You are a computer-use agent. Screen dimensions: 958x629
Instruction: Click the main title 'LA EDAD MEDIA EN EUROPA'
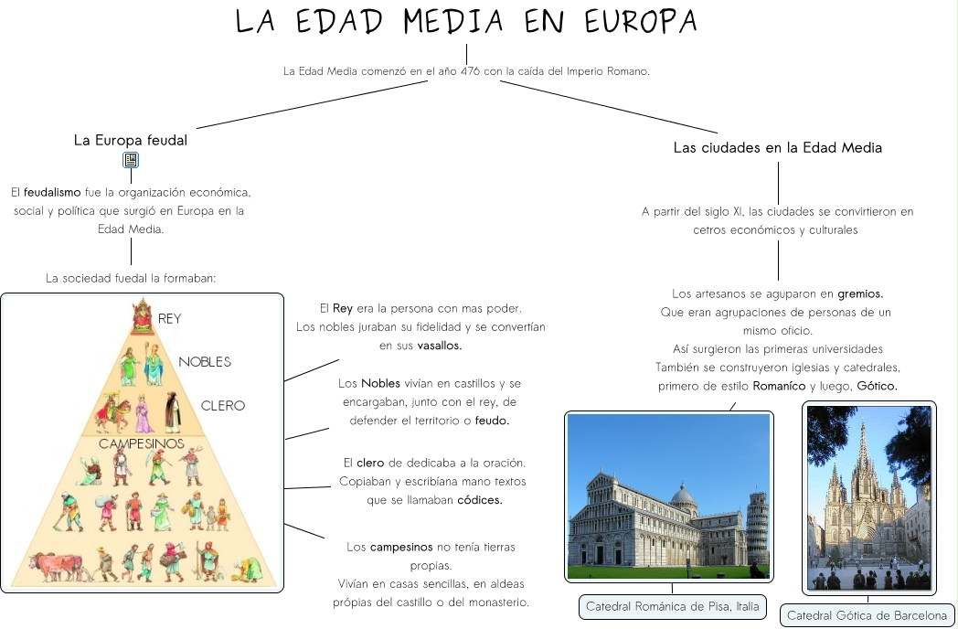click(466, 22)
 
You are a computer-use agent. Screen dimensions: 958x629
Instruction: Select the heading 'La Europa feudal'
click(131, 141)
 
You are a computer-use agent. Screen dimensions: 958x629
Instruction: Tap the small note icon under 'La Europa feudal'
click(131, 161)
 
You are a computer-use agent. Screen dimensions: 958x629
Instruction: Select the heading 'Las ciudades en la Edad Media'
click(777, 147)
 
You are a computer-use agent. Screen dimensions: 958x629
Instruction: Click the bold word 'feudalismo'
click(52, 193)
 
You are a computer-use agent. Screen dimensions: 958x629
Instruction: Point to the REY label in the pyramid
click(170, 319)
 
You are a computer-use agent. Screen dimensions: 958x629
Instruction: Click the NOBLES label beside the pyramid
click(205, 362)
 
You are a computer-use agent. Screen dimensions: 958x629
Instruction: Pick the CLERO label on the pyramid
click(223, 405)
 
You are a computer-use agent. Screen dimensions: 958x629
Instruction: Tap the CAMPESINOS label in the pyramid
click(142, 443)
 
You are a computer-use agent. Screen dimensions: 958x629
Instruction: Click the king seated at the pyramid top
click(143, 316)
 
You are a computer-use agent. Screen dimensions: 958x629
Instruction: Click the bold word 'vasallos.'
click(440, 346)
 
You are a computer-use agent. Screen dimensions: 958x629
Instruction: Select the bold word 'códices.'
click(479, 500)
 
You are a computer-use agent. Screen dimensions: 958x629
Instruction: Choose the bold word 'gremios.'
click(860, 293)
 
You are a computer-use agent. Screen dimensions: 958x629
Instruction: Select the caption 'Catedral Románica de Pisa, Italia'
click(672, 607)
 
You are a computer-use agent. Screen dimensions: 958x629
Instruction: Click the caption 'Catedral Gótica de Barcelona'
click(867, 615)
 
